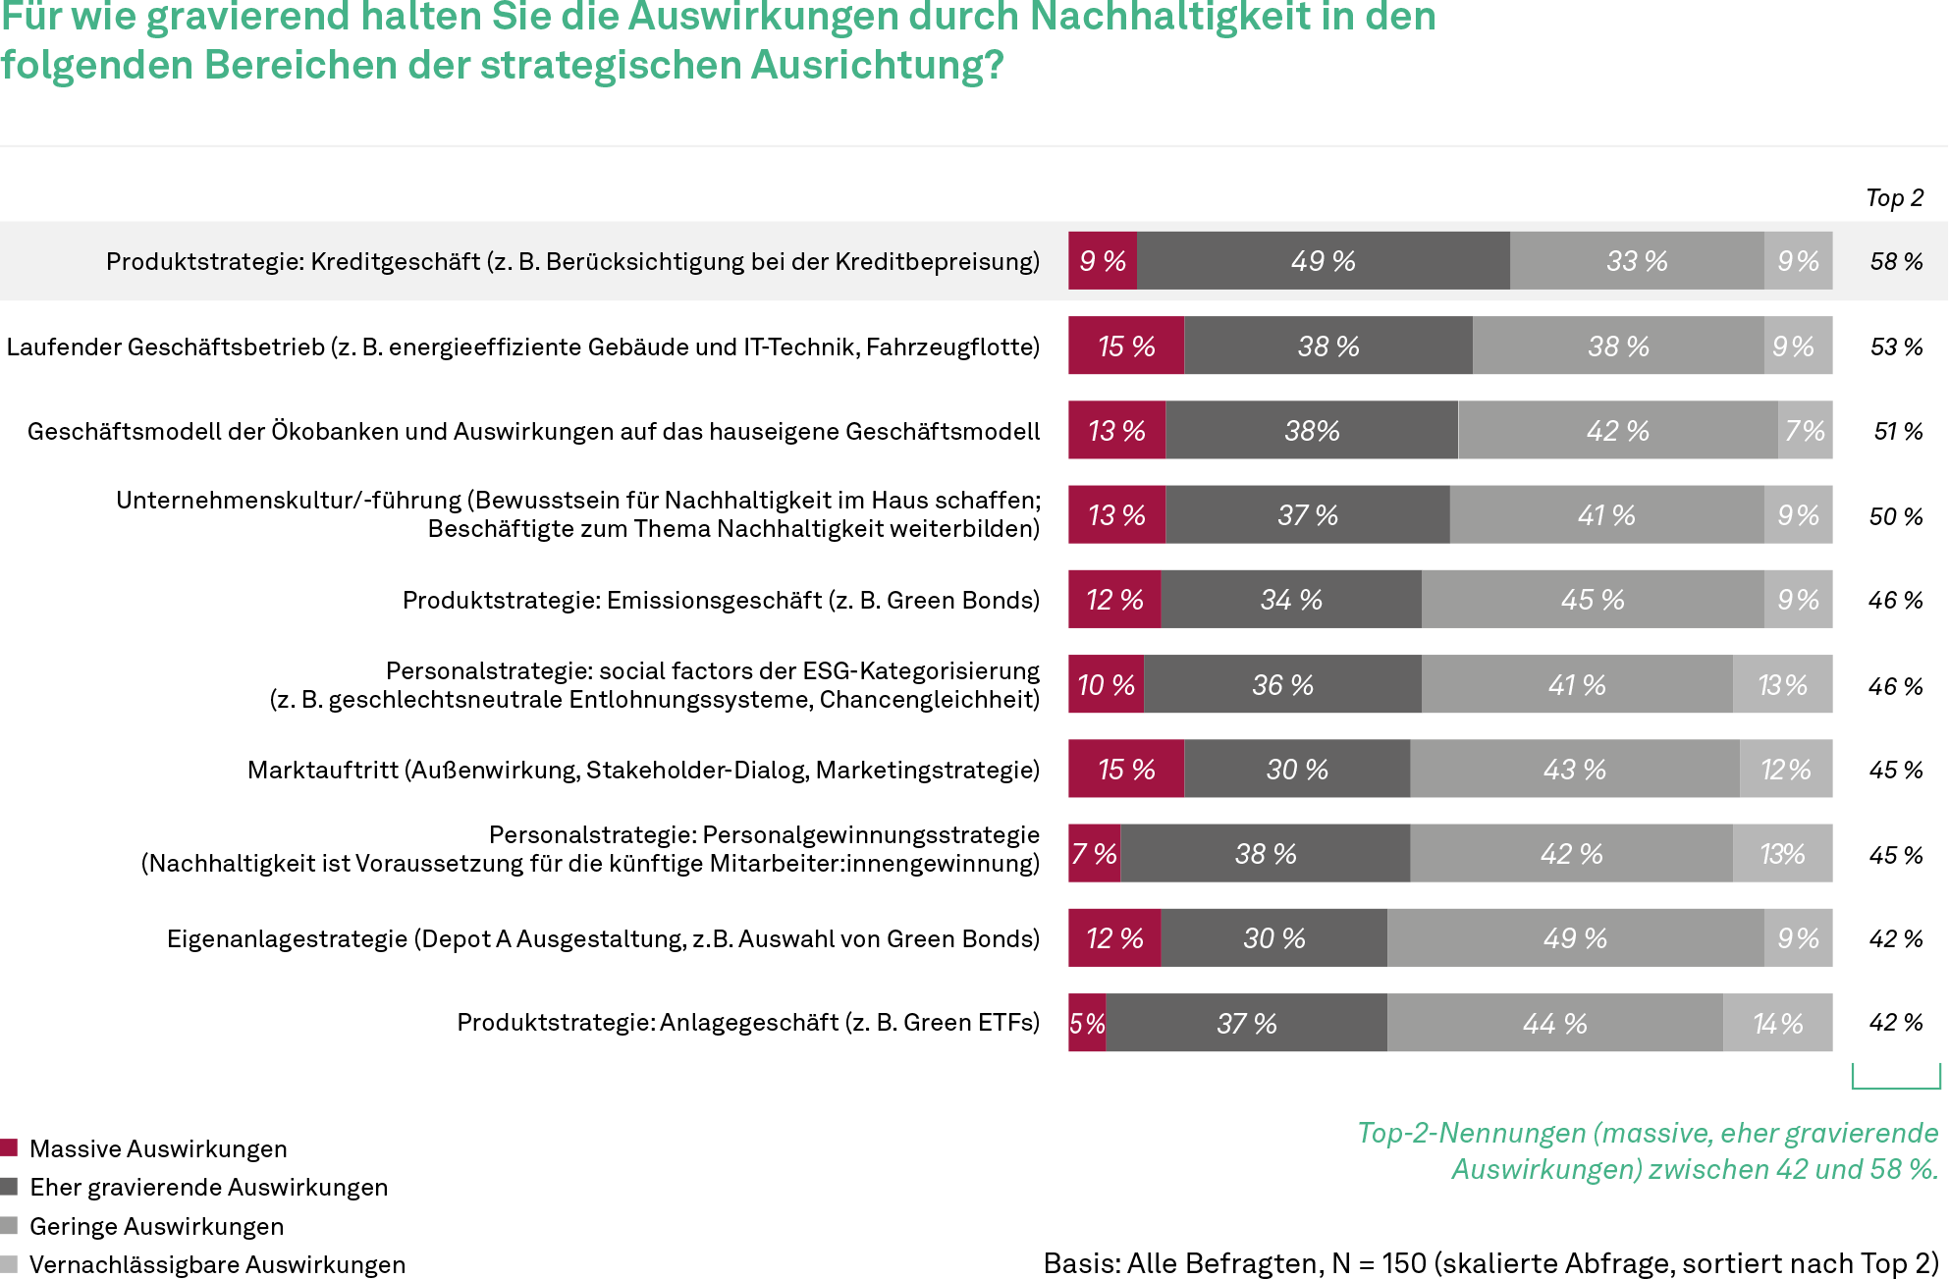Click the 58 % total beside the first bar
pyautogui.click(x=1895, y=262)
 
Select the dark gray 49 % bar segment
pyautogui.click(x=1323, y=261)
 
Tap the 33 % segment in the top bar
pyautogui.click(x=1636, y=261)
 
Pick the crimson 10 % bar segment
pyautogui.click(x=1106, y=685)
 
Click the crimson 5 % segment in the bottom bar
pyautogui.click(x=1087, y=1024)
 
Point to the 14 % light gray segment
pyautogui.click(x=1777, y=1024)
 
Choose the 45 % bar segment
pyautogui.click(x=1592, y=600)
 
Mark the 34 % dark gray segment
pyautogui.click(x=1291, y=600)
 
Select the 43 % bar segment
pyautogui.click(x=1574, y=770)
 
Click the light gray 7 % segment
pyautogui.click(x=1805, y=431)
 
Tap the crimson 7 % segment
pyautogui.click(x=1094, y=854)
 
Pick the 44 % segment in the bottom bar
pyautogui.click(x=1554, y=1024)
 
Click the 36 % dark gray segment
pyautogui.click(x=1282, y=685)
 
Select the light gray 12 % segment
pyautogui.click(x=1785, y=770)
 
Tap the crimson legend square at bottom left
pyautogui.click(x=9, y=1147)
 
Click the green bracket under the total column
pyautogui.click(x=1896, y=1086)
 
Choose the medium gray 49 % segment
pyautogui.click(x=1575, y=938)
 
